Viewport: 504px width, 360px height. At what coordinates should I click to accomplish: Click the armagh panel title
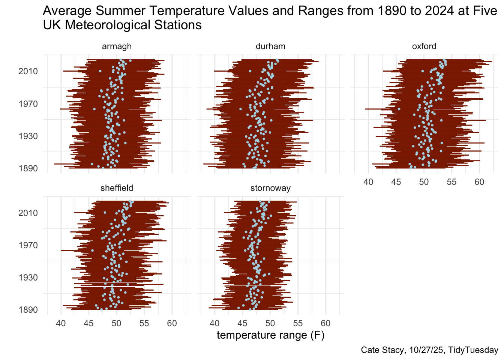pyautogui.click(x=117, y=46)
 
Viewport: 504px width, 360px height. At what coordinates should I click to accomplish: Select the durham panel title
pyautogui.click(x=270, y=46)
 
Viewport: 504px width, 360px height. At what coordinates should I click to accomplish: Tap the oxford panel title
pyautogui.click(x=424, y=46)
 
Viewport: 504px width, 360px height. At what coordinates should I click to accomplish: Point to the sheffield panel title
pyautogui.click(x=117, y=188)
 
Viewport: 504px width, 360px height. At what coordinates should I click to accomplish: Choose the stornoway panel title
pyautogui.click(x=270, y=188)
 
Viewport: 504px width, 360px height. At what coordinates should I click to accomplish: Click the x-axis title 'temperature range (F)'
pyautogui.click(x=270, y=335)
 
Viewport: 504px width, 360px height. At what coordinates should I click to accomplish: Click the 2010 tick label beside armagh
pyautogui.click(x=28, y=71)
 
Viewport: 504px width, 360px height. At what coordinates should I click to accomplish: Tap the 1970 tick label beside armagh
pyautogui.click(x=28, y=104)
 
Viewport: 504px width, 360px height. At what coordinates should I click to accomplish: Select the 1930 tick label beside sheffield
pyautogui.click(x=28, y=277)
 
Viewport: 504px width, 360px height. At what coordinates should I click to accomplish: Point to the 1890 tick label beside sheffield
pyautogui.click(x=28, y=310)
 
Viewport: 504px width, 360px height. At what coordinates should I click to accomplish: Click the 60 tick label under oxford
pyautogui.click(x=479, y=182)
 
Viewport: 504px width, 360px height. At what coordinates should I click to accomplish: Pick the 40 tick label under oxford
pyautogui.click(x=368, y=182)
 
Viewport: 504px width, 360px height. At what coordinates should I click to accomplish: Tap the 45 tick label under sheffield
pyautogui.click(x=88, y=324)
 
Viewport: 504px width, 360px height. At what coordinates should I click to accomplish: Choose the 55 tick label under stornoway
pyautogui.click(x=298, y=324)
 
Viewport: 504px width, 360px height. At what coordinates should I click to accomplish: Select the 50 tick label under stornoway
pyautogui.click(x=270, y=324)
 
